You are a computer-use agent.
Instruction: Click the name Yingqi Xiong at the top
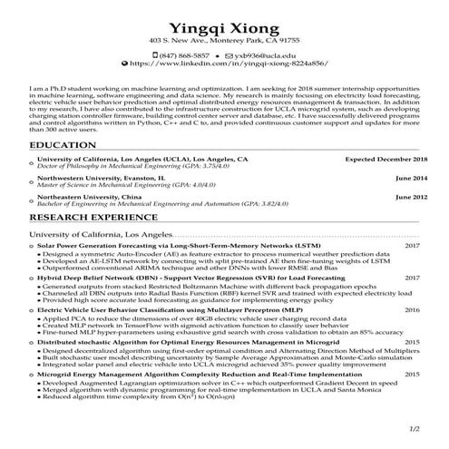pyautogui.click(x=224, y=24)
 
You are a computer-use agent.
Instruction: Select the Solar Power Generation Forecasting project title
pyautogui.click(x=179, y=246)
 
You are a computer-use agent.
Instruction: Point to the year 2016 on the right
pyautogui.click(x=413, y=309)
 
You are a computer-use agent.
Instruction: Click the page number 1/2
pyautogui.click(x=415, y=427)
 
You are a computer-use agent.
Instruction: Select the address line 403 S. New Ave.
pyautogui.click(x=224, y=42)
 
